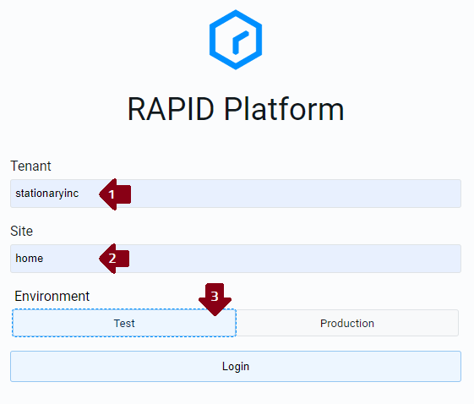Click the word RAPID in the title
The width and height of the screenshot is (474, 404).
[171, 109]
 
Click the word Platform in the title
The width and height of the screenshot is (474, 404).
[284, 109]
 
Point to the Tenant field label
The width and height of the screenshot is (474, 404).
[30, 166]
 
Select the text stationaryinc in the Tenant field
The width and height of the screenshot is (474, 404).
[46, 194]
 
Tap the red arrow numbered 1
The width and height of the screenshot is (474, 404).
[115, 194]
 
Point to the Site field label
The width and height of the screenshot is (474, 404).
[21, 231]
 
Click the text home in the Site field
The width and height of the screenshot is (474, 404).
[30, 259]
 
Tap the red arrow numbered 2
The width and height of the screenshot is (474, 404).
[114, 259]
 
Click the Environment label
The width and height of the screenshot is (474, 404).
[52, 296]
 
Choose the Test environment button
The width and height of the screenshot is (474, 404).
[124, 323]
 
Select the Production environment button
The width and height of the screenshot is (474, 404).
[347, 323]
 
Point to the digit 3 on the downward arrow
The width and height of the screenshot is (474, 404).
[215, 297]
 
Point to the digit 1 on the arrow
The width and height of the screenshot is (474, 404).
[112, 194]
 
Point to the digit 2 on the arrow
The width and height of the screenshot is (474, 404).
[112, 259]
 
